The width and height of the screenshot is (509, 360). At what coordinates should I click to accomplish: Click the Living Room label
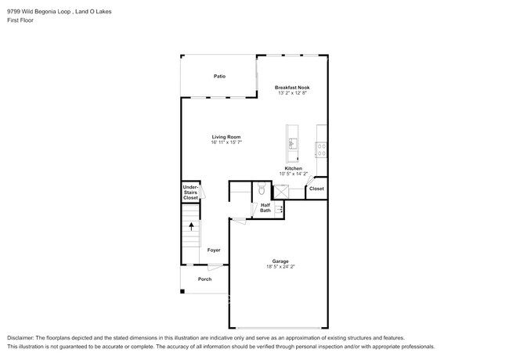click(225, 137)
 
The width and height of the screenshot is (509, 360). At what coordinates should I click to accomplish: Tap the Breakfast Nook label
click(293, 87)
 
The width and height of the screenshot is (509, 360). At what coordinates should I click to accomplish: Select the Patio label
click(220, 76)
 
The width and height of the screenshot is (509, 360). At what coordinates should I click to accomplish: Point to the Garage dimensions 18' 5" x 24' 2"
click(280, 267)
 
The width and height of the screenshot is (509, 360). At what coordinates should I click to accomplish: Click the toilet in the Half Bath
click(262, 190)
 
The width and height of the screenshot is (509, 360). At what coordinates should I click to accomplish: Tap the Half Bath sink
click(278, 209)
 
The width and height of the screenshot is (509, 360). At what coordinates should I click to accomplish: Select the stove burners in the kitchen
click(321, 146)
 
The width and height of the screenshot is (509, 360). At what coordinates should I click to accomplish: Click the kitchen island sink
click(293, 142)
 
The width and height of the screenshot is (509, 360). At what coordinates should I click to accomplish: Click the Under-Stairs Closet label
click(190, 193)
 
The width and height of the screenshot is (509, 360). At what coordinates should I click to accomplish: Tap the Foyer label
click(214, 250)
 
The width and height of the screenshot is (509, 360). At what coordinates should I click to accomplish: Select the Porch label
click(204, 279)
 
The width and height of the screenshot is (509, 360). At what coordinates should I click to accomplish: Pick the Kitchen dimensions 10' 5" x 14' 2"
click(293, 174)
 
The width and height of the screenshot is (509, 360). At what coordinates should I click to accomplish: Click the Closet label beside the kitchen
click(316, 189)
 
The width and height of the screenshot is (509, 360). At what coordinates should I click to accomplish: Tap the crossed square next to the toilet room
click(280, 190)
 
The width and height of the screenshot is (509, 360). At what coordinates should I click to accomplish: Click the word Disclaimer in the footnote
click(24, 336)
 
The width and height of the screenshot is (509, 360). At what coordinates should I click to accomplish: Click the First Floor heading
click(20, 20)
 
